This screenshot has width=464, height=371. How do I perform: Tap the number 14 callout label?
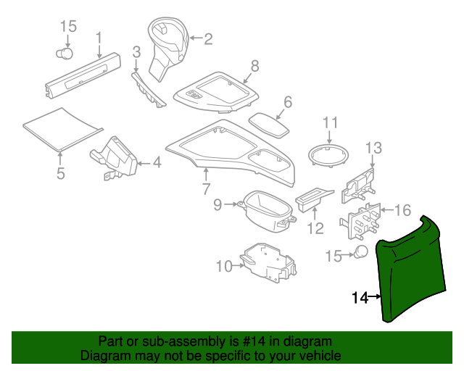point(360,297)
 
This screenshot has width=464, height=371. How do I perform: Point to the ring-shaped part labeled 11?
point(330,155)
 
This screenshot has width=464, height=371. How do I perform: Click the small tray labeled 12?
point(314,199)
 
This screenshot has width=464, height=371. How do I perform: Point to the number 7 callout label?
point(206,190)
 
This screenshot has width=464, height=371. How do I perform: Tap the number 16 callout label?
point(402,211)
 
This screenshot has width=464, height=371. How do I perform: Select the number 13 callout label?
point(372,149)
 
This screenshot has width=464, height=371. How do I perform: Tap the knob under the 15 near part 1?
point(66,53)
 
